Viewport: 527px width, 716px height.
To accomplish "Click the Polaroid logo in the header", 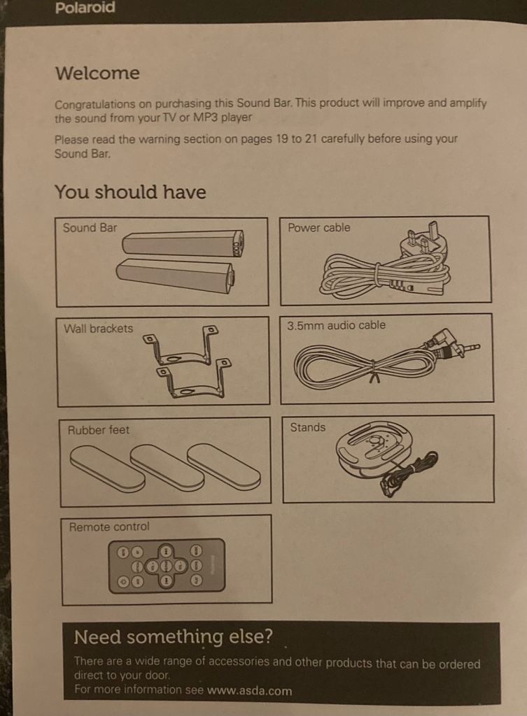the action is [x=85, y=8].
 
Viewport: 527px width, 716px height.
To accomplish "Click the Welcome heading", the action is [x=97, y=73].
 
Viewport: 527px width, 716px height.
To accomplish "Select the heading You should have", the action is [x=130, y=192].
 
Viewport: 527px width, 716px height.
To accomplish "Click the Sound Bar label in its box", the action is [x=90, y=227].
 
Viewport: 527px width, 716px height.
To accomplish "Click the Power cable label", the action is [x=319, y=227].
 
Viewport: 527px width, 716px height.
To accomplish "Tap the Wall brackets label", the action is [x=98, y=329].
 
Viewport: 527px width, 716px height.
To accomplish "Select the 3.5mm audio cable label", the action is [x=337, y=325].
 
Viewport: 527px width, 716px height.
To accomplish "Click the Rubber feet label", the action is [x=98, y=430].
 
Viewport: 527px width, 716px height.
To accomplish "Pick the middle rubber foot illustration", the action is [x=167, y=468].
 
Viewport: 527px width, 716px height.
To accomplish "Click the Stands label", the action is [x=308, y=427].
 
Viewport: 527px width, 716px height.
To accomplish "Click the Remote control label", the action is [x=109, y=527].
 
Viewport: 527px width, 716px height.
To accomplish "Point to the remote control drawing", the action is [x=167, y=566].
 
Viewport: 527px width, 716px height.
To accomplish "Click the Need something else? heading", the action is [x=174, y=636].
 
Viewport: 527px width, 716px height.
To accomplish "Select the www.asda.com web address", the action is [x=250, y=690].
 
